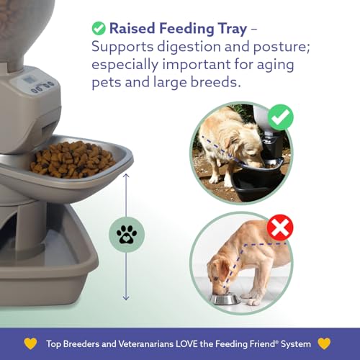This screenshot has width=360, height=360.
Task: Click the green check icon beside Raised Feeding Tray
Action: point(99,29)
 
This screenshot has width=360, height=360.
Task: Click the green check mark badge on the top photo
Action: point(280,117)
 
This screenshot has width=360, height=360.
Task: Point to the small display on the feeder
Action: point(32,78)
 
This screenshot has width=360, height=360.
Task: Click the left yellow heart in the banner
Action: point(30,342)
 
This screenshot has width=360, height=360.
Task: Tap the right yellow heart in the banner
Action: point(325,342)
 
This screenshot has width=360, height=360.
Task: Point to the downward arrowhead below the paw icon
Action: point(127,297)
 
